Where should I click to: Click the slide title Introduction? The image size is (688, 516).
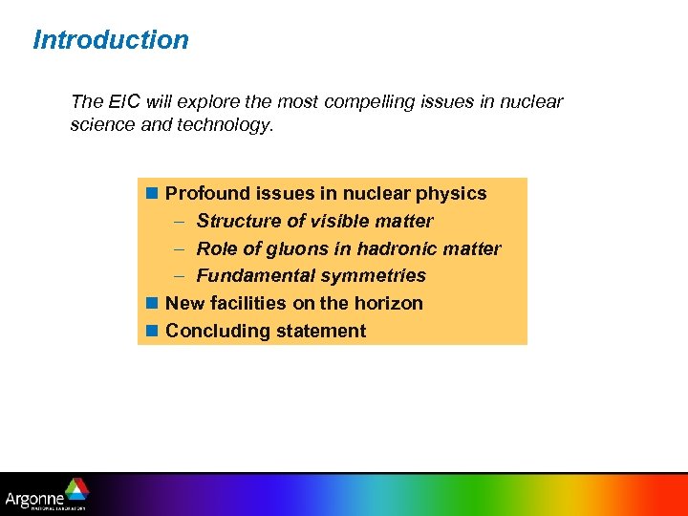(x=111, y=40)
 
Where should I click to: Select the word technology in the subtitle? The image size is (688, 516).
(x=226, y=124)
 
